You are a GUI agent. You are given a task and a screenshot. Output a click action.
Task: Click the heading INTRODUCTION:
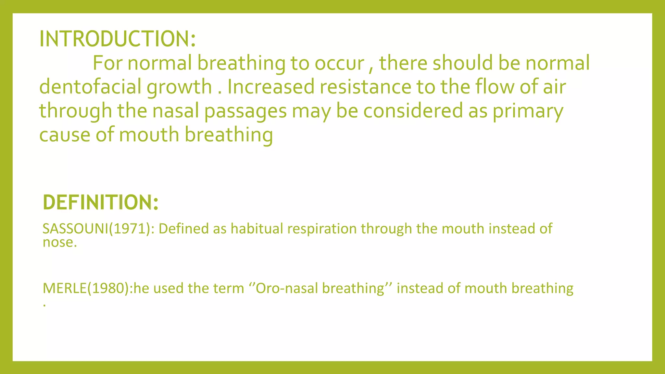pyautogui.click(x=117, y=39)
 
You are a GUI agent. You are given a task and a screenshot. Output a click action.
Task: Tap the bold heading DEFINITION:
pyautogui.click(x=100, y=202)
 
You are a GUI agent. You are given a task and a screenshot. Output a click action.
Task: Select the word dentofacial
pyautogui.click(x=90, y=87)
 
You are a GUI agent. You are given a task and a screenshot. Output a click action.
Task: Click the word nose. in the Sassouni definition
pyautogui.click(x=60, y=243)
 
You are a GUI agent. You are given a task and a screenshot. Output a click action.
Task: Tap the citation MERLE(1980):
pyautogui.click(x=88, y=288)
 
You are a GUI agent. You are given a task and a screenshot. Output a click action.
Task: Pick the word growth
pyautogui.click(x=179, y=87)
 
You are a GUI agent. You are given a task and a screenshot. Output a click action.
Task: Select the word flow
pyautogui.click(x=494, y=87)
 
